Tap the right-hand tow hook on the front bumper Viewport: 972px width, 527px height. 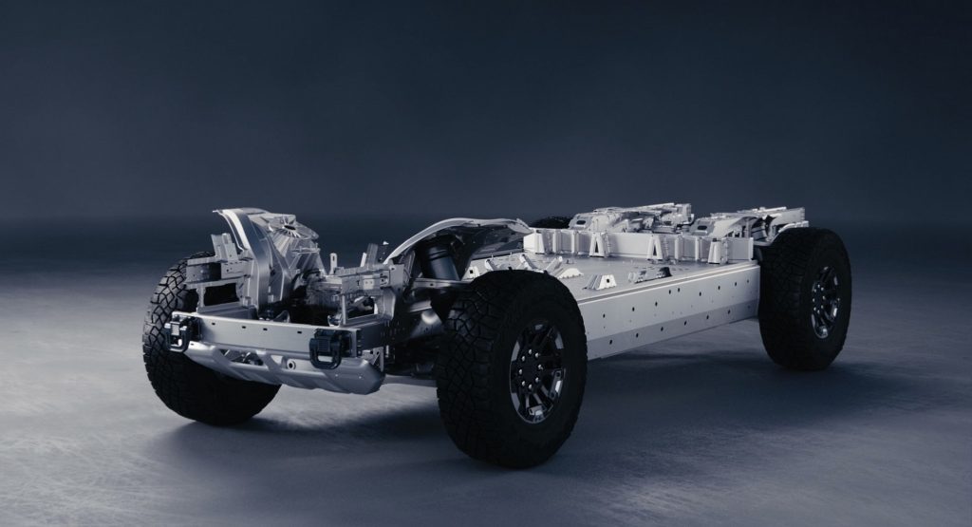pyautogui.click(x=325, y=348)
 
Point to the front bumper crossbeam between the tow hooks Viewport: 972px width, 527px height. pyautogui.click(x=252, y=334)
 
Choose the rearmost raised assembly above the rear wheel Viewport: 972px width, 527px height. pyautogui.click(x=759, y=223)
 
